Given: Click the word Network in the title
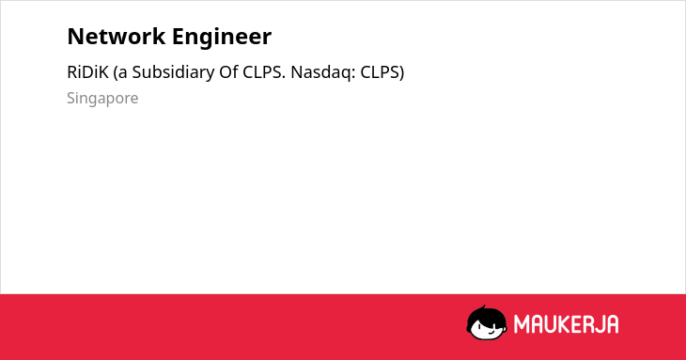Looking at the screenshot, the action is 116,37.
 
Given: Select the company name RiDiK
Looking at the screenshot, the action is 87,72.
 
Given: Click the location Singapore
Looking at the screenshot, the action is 102,99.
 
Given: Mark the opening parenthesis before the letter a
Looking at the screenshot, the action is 116,72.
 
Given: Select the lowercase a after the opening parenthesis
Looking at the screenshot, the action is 123,74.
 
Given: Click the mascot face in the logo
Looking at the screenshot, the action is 487,322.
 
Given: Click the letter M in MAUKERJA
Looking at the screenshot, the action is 522,324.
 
